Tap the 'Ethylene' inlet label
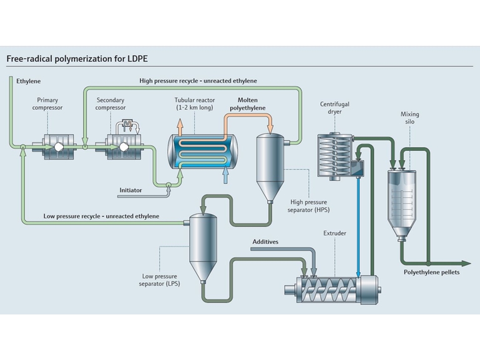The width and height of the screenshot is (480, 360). tap(29, 82)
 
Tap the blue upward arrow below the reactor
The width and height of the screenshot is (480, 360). tap(225, 176)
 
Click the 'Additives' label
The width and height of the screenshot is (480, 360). tap(265, 241)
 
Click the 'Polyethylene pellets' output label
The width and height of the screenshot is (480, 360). tap(431, 273)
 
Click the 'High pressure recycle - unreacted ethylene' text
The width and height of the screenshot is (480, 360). tap(198, 80)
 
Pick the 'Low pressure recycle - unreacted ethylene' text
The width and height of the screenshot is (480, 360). tap(101, 216)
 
